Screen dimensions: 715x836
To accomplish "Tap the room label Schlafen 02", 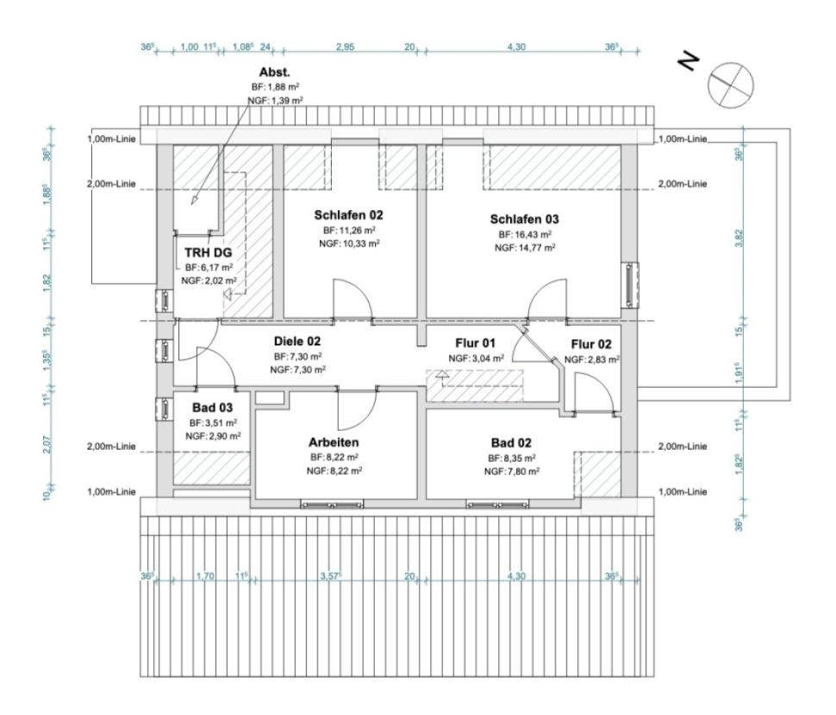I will point(347,215).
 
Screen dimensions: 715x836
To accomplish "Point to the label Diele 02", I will point(297,342).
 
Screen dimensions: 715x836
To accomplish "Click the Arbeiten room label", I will point(334,443).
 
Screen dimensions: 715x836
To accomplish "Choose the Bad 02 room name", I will point(512,443).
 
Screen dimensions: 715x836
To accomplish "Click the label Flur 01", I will point(476,344).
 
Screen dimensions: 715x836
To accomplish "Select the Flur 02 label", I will point(591,345).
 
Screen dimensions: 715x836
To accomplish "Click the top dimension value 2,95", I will point(345,47).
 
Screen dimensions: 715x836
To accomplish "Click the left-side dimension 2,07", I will point(47,446).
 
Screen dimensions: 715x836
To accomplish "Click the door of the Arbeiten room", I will point(356,410).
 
